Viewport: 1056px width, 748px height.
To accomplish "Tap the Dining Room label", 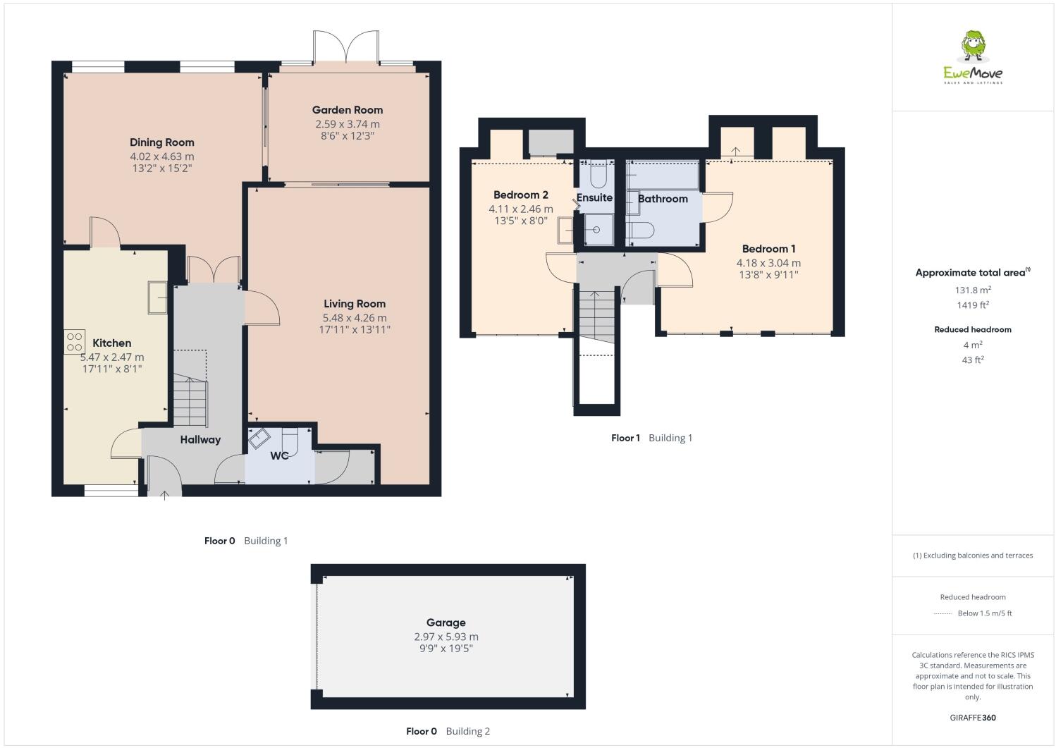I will coord(161,142).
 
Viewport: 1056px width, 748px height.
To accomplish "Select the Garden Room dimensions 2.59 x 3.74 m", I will coord(347,124).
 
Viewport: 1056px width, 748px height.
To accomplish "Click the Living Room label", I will coord(355,304).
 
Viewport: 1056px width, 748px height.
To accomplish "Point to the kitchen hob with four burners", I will coord(75,341).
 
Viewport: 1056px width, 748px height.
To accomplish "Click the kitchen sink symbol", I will coord(156,297).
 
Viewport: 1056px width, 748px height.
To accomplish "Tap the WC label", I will coord(279,455).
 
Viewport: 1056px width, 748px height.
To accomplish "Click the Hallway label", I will coord(200,440).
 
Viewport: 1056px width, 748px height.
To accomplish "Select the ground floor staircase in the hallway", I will coord(190,402).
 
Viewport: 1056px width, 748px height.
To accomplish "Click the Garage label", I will coord(446,623).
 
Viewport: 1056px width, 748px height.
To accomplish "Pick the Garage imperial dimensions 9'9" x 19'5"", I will coord(446,649).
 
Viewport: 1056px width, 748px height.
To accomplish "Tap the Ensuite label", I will coord(594,198).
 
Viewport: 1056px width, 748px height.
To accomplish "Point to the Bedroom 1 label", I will coord(768,249).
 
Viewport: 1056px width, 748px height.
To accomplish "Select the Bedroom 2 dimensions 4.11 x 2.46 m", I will coord(520,209).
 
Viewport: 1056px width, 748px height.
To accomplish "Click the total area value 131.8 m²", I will coord(973,290).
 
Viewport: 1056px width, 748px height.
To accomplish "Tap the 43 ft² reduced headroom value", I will coord(973,360).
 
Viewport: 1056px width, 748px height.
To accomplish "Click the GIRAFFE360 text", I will coord(973,718).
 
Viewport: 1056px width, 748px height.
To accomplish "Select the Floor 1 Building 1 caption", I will coord(651,438).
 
